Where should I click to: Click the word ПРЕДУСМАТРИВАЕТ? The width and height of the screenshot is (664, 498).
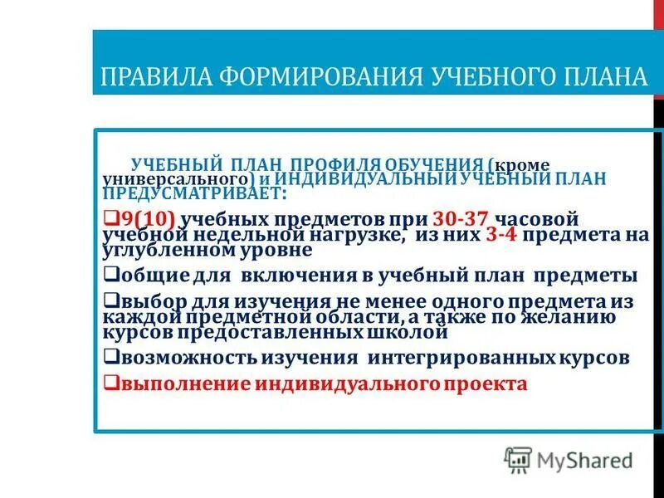point(192,193)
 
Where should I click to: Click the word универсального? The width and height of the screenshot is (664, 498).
point(173,178)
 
